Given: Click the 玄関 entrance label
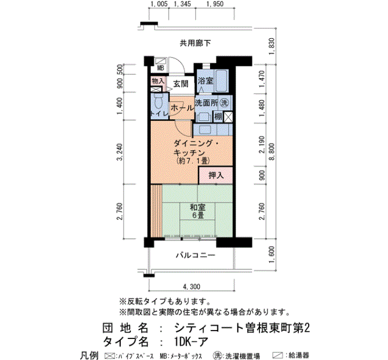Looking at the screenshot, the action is pos(181,84).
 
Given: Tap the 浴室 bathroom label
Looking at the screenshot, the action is pos(206,81).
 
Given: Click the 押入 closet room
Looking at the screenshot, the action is pos(216,176).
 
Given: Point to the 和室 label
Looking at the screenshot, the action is pos(197,207).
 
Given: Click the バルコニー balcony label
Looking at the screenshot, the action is pos(196,255).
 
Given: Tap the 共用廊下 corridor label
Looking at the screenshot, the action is pos(195,43).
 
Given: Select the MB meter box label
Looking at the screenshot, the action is pos(161,68).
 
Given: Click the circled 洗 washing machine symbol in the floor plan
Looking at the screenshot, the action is pos(224,102).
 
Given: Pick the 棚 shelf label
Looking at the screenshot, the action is pos(218,116).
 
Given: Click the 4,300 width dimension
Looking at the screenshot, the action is pos(191,287).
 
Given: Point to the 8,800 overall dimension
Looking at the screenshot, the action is pos(272,152).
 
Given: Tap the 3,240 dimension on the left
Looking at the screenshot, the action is pos(120,152).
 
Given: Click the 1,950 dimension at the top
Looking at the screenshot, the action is pos(215,4).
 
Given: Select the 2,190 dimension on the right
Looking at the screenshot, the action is pos(262,145).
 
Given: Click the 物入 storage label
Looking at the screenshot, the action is pos(158,81).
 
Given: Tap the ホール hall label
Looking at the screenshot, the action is pos(182,108).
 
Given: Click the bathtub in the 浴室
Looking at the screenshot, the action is pos(222,81).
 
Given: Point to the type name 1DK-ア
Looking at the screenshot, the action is pos(191,342).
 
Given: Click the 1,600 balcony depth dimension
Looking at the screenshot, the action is pos(272,255).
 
